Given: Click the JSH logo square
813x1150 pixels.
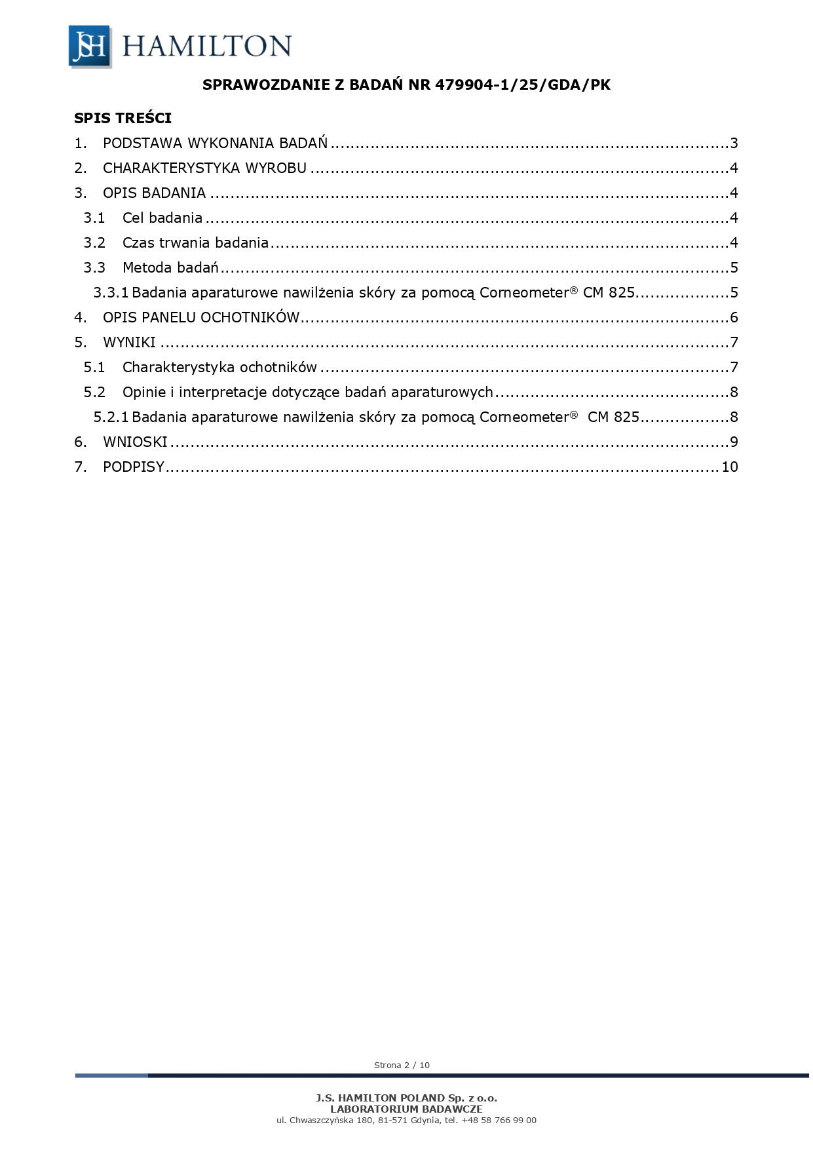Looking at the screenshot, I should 90,46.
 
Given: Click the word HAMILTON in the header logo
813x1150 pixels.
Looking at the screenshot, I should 206,47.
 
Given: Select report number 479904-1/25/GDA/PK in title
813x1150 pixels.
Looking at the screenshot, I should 522,85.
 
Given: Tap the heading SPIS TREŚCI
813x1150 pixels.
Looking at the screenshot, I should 123,119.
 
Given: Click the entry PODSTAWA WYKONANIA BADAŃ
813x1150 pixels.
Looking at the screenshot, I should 215,144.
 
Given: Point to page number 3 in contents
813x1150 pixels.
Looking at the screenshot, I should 734,144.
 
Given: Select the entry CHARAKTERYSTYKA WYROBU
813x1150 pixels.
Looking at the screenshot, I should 204,168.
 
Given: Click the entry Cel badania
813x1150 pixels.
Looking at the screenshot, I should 162,218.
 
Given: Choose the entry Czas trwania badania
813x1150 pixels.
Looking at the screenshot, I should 195,243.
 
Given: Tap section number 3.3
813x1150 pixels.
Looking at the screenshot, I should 94,268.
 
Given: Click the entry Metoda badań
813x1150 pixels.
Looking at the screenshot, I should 170,268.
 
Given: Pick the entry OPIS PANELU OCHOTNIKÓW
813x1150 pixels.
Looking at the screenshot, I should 201,318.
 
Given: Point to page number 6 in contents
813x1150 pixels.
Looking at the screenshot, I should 734,318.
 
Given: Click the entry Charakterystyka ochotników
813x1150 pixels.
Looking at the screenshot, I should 219,368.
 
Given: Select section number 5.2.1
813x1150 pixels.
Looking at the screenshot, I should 111,417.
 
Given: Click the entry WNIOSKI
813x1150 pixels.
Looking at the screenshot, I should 135,442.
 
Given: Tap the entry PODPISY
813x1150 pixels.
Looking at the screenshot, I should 133,467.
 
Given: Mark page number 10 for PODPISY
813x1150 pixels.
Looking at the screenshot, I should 730,467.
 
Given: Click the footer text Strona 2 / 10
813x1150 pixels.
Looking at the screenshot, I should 402,1065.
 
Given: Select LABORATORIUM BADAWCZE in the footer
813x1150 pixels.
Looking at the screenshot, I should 406,1109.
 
